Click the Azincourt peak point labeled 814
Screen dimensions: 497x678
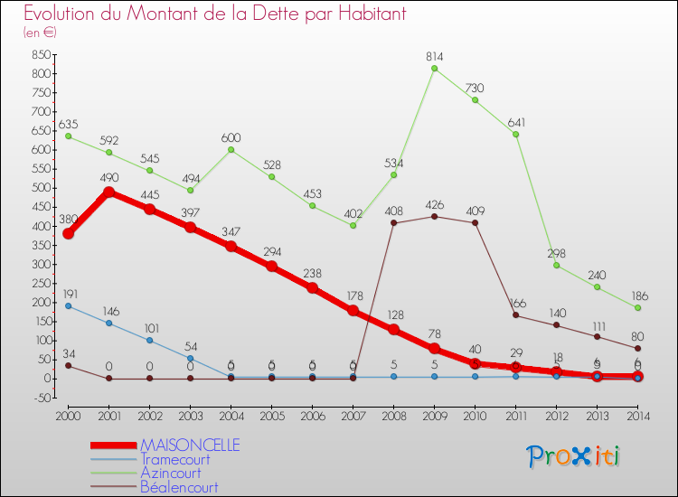tap(435, 69)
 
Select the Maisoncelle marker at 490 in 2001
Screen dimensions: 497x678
tap(109, 192)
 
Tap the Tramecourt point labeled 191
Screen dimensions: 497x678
tap(68, 305)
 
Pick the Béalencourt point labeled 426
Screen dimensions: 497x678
tap(435, 216)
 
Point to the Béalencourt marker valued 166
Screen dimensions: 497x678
tap(516, 314)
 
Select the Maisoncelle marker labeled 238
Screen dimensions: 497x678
tap(313, 288)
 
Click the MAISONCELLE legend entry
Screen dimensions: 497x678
tap(190, 445)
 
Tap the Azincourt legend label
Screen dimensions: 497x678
tap(171, 473)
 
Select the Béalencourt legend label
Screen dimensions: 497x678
tap(179, 486)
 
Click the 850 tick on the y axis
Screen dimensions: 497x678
tap(39, 54)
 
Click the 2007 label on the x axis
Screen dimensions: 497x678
tap(353, 415)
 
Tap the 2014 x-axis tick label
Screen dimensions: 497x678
tap(637, 415)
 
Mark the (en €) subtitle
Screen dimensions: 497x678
tap(41, 33)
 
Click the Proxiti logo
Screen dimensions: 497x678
tap(573, 456)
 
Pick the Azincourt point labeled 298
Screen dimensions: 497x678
tap(557, 265)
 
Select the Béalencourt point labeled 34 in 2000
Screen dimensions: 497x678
tap(68, 365)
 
